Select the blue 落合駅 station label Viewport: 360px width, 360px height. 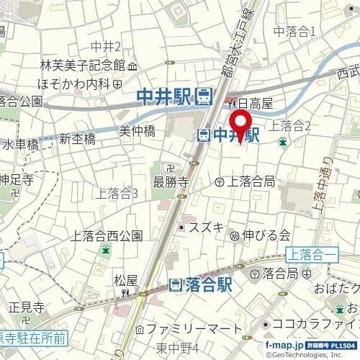click(x=200, y=284)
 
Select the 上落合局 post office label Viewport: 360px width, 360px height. click(x=248, y=182)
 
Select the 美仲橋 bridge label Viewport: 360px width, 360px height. click(x=137, y=132)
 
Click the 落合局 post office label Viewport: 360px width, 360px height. click(x=280, y=273)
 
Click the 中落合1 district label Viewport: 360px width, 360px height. click(x=296, y=31)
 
